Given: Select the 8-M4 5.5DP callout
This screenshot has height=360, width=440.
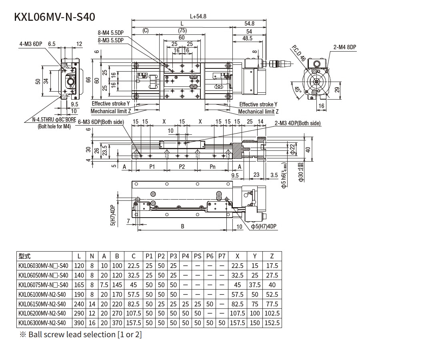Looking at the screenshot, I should point(110,33).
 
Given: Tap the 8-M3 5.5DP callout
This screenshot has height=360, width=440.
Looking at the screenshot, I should point(110,40).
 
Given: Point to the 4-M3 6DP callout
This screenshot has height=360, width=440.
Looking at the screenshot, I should point(31,44).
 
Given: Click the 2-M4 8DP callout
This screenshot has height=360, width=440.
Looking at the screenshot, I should point(345,47).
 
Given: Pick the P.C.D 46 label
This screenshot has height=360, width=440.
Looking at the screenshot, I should point(298,53).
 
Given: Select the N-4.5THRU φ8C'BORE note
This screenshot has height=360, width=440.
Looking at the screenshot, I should point(54,119).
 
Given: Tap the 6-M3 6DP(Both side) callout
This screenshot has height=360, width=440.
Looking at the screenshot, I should point(101,122).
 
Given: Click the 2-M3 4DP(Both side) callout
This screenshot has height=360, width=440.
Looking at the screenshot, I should point(298,123).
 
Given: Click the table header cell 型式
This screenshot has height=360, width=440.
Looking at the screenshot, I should point(25,256).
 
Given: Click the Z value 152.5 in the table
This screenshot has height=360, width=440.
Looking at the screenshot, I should point(272,323).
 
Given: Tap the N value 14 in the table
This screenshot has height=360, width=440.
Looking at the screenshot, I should point(92,304).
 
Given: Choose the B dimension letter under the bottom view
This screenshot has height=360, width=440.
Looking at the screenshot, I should point(182,226).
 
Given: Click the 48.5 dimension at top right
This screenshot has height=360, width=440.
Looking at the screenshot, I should point(248,38).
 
